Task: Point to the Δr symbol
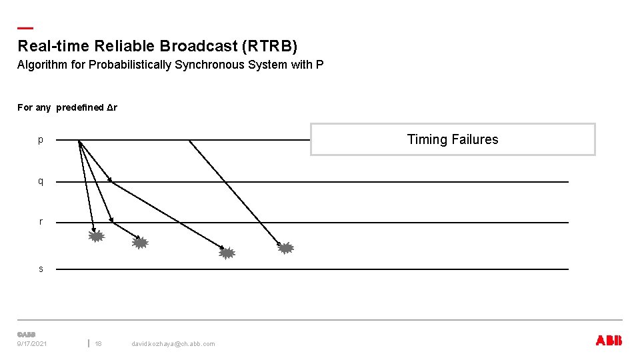point(111,107)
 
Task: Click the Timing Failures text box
point(453,139)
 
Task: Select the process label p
point(41,140)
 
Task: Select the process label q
point(41,181)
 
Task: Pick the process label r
point(41,222)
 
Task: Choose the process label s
point(41,269)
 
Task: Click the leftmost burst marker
point(97,235)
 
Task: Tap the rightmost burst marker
point(285,248)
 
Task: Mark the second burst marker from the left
point(139,243)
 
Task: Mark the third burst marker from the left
point(227,253)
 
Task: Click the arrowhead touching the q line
point(109,179)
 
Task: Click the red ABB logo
point(608,341)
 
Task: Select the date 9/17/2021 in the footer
point(32,343)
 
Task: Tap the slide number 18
point(98,343)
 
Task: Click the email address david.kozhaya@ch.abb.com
point(173,343)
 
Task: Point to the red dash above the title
point(25,28)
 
